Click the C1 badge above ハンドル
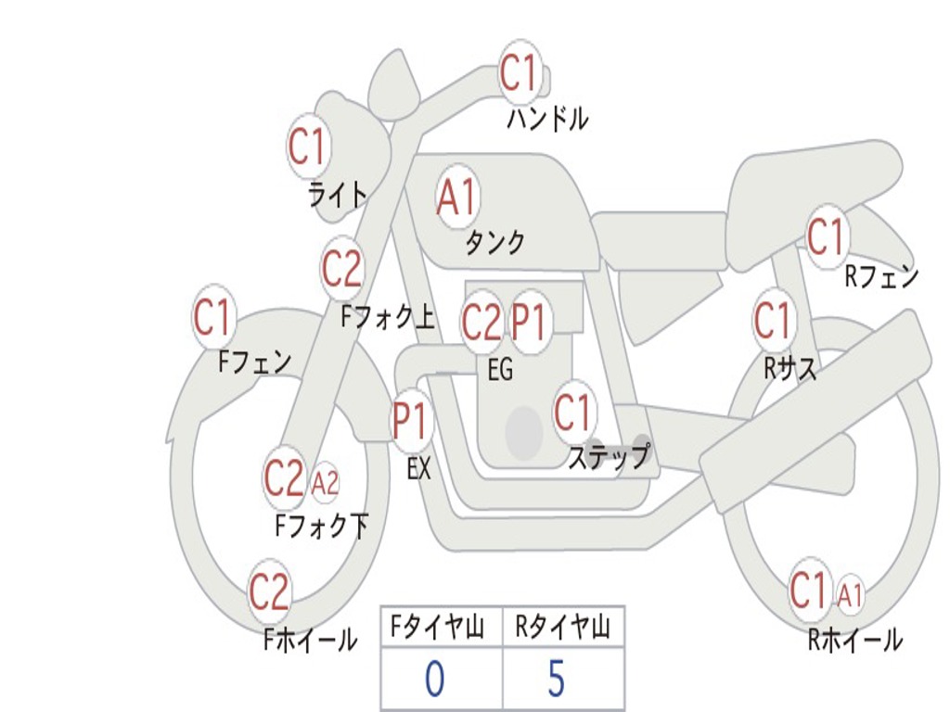pos(520,73)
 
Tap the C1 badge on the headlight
pos(309,146)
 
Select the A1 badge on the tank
pos(456,197)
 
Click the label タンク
pos(494,243)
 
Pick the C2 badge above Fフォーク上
pos(341,269)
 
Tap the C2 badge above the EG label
pos(481,322)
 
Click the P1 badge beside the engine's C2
pos(530,322)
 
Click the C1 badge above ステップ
pos(573,413)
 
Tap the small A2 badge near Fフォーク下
pos(325,482)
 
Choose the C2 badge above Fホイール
pos(269,591)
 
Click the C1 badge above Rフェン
pos(826,237)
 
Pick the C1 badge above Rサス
pos(773,322)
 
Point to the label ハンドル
pos(547,119)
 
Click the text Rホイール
pos(854,639)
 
